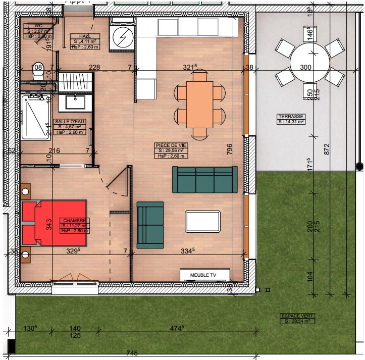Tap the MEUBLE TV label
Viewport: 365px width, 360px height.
click(203, 275)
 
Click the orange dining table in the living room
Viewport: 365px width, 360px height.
click(199, 105)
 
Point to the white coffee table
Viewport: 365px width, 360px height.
click(203, 221)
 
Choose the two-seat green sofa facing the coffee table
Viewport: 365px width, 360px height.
click(150, 224)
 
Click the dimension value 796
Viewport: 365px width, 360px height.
click(230, 149)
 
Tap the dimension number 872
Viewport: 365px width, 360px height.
click(327, 149)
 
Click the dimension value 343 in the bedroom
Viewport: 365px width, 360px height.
click(49, 224)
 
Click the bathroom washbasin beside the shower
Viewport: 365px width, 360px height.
click(75, 102)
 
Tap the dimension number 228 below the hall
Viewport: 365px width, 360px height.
click(94, 67)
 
